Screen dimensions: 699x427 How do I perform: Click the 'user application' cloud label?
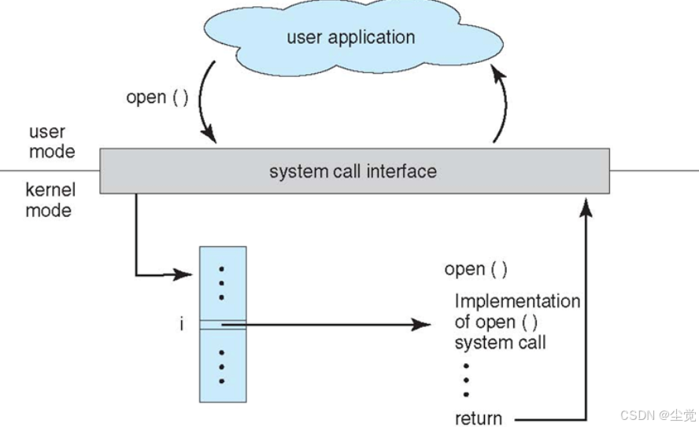[351, 38]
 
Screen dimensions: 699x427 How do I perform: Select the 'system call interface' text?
[353, 171]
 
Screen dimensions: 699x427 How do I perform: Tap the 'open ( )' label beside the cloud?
[157, 98]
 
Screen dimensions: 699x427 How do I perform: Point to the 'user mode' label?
[52, 142]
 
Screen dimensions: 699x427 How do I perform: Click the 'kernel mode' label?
[50, 200]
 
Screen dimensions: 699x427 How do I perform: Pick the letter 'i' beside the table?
[181, 324]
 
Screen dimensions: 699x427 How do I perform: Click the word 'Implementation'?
[517, 301]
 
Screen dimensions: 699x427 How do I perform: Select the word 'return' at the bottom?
[479, 418]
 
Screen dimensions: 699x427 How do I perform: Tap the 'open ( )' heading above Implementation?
[475, 270]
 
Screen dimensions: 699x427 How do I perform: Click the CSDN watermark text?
[658, 415]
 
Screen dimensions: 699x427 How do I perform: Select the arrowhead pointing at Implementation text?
[421, 325]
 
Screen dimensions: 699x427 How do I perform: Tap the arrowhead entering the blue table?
[183, 274]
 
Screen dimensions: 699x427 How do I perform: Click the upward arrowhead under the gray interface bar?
[586, 208]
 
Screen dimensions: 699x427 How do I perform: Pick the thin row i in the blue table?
[223, 325]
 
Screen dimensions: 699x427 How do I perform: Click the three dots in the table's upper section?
[221, 283]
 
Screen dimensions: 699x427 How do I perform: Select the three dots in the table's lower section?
[221, 367]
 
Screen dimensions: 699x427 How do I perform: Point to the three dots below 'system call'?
[466, 381]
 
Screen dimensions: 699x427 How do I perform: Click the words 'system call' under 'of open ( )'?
[500, 342]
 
